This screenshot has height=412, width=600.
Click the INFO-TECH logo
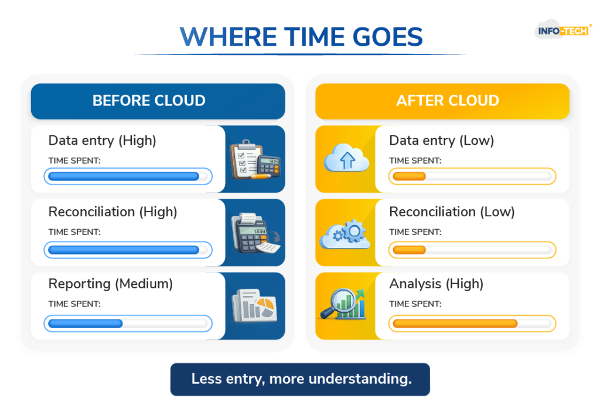563,30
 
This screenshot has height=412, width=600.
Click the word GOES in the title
387,37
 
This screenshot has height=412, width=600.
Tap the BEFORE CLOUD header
158,101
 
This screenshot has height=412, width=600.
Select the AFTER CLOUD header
442,101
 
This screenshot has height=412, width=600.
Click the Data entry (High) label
102,141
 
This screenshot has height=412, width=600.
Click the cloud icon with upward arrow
346,158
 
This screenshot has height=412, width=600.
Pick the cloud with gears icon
345,234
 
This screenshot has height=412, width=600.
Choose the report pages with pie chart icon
254,305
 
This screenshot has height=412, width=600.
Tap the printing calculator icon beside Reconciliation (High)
255,233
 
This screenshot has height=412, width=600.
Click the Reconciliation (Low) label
452,212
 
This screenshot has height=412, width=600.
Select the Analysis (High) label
436,284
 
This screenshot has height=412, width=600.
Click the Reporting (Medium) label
111,284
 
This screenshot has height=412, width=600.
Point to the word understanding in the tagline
360,379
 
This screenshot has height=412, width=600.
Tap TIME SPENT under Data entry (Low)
415,161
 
